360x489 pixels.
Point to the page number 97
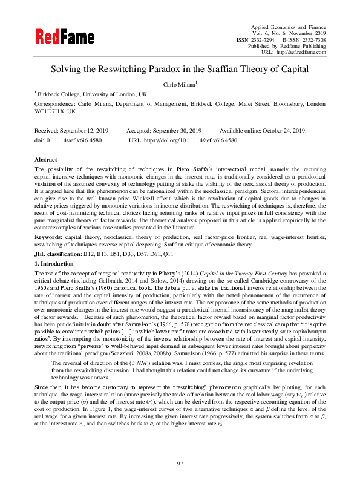180,463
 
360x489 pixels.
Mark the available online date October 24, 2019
281,131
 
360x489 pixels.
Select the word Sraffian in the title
232,69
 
